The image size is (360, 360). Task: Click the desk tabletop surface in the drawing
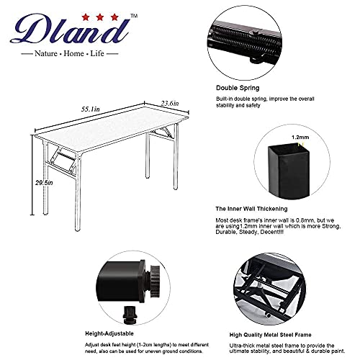coord(108,125)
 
